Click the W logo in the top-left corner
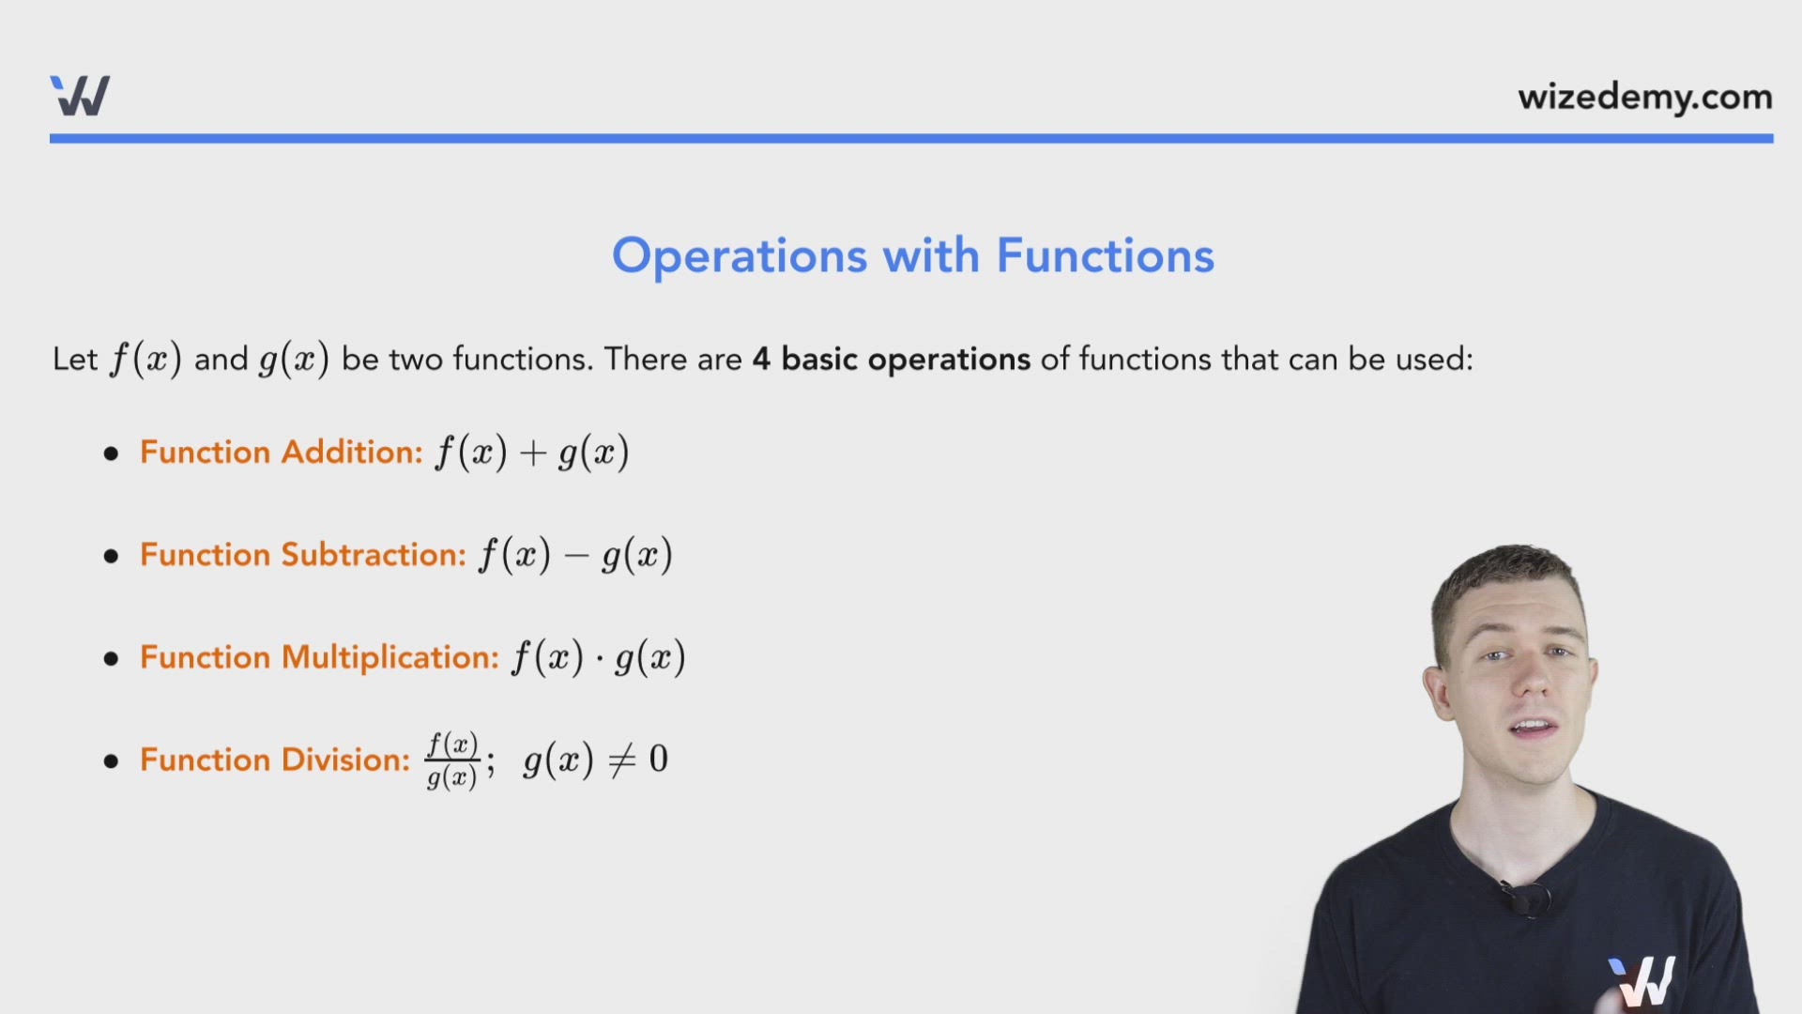[x=80, y=96]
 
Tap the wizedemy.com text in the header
[x=1644, y=97]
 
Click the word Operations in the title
[x=740, y=255]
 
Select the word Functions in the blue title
[x=1105, y=255]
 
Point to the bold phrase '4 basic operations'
[x=891, y=359]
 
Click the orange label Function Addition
[x=282, y=453]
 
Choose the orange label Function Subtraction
[x=302, y=555]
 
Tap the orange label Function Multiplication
[x=319, y=657]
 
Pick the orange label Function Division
[x=275, y=760]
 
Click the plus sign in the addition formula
[x=533, y=453]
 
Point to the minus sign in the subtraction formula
[x=576, y=556]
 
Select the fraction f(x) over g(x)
[x=452, y=760]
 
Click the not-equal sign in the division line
[x=622, y=760]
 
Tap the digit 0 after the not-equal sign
[x=658, y=759]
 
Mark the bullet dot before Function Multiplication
[x=112, y=658]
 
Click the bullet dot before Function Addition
[x=112, y=453]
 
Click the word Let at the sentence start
[x=75, y=359]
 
